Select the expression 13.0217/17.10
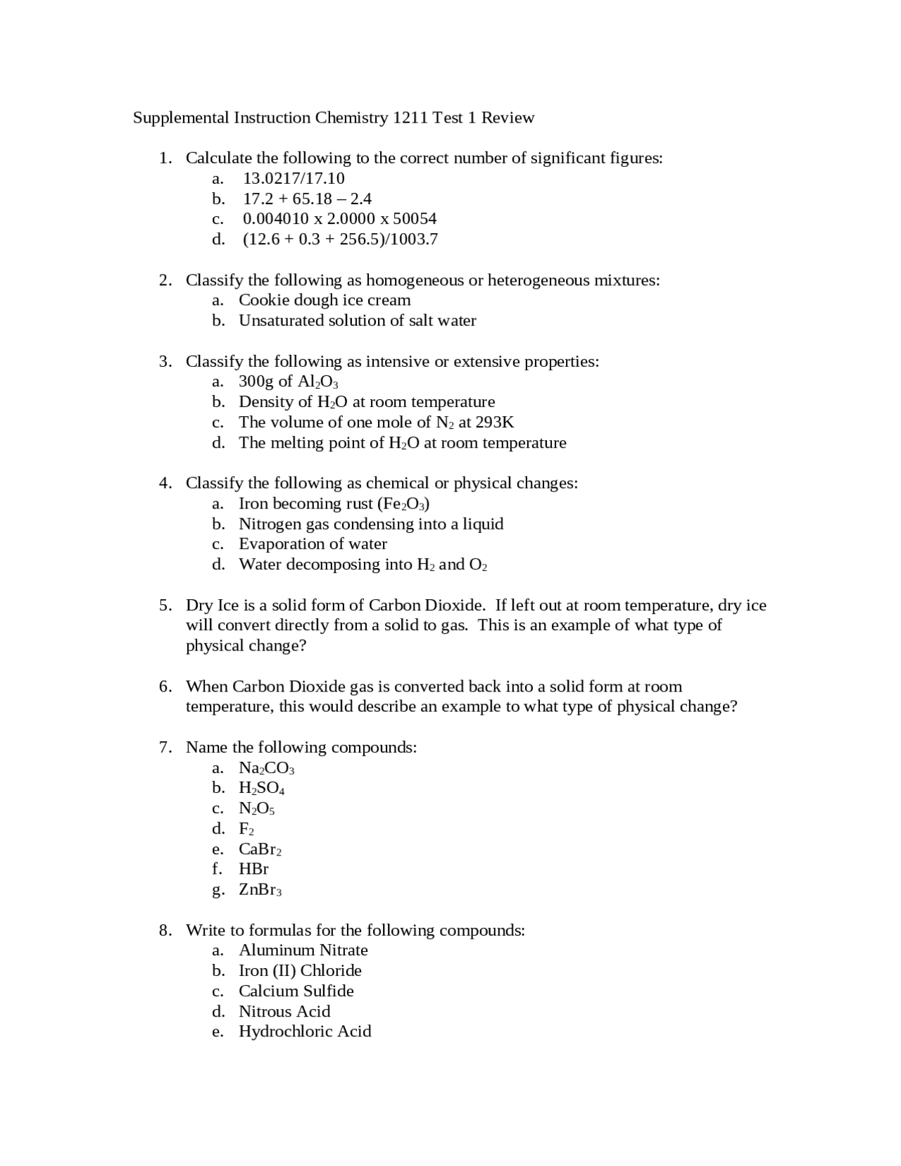pyautogui.click(x=294, y=178)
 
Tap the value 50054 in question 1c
pyautogui.click(x=415, y=218)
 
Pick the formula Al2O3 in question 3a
pyautogui.click(x=317, y=382)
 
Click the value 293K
pyautogui.click(x=495, y=422)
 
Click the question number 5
pyautogui.click(x=165, y=605)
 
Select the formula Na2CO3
pyautogui.click(x=266, y=767)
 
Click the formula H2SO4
pyautogui.click(x=261, y=788)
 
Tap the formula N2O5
pyautogui.click(x=256, y=808)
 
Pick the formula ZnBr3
pyautogui.click(x=260, y=889)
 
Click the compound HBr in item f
pyautogui.click(x=253, y=869)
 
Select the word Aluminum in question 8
pyautogui.click(x=276, y=950)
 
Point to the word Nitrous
pyautogui.click(x=265, y=1011)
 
